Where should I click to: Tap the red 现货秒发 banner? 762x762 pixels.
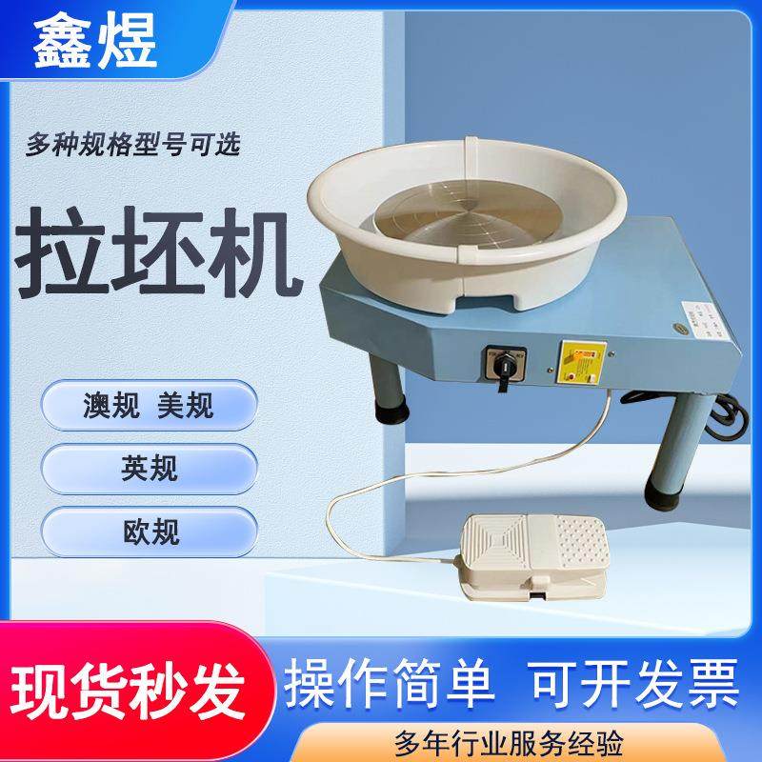[128, 683]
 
